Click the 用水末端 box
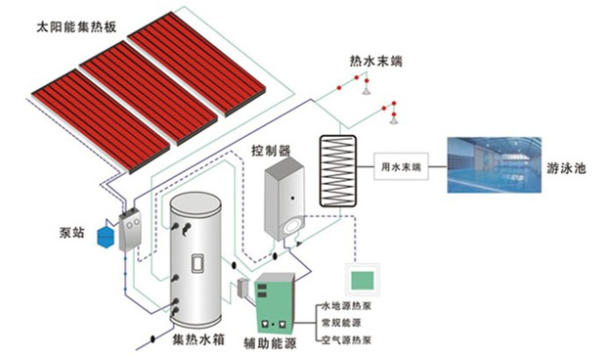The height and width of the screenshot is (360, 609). click(402, 168)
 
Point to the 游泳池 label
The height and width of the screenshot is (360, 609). click(568, 168)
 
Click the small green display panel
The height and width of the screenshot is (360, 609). click(361, 277)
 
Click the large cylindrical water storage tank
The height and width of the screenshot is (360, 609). click(199, 262)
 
